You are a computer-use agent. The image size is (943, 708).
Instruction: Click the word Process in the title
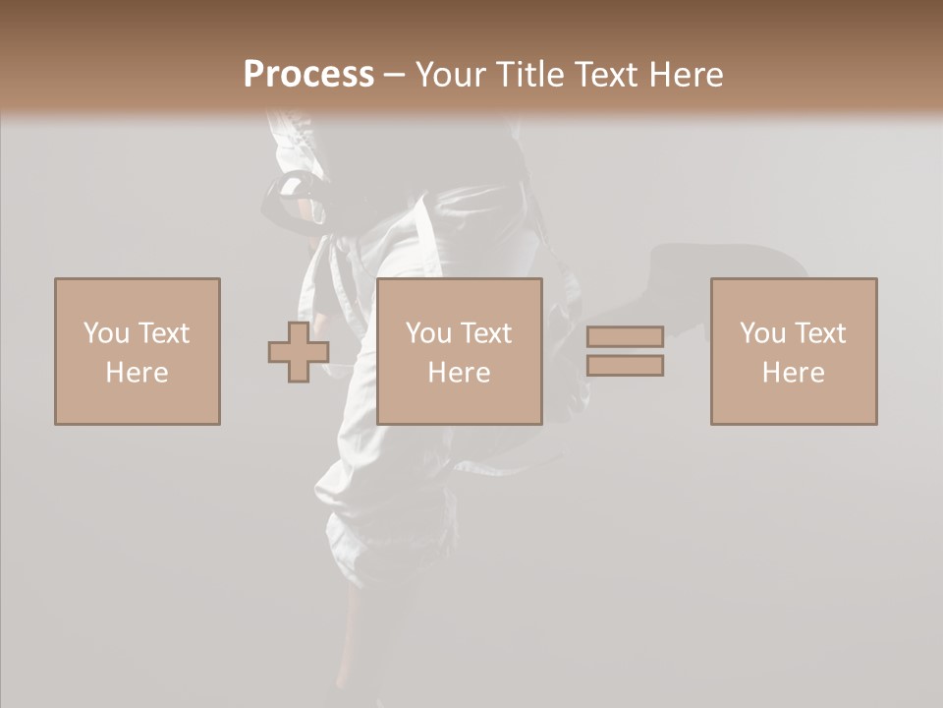[x=308, y=75]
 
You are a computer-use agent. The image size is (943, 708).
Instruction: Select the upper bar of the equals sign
[x=625, y=336]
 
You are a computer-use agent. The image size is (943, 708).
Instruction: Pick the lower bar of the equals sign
[x=625, y=366]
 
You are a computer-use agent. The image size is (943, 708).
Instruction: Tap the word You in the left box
[x=106, y=333]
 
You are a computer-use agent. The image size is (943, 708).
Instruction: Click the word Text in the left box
[x=163, y=333]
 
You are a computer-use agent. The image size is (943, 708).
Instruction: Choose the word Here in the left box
[x=137, y=373]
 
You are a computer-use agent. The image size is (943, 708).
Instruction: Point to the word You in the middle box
[x=428, y=333]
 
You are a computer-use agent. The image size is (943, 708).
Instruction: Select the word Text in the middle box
[x=485, y=333]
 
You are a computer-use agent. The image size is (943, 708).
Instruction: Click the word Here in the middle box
[x=459, y=373]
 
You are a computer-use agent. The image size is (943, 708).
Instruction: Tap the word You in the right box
[x=762, y=333]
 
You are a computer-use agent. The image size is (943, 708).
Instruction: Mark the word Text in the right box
[x=819, y=333]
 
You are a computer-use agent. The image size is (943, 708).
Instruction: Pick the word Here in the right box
[x=793, y=373]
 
